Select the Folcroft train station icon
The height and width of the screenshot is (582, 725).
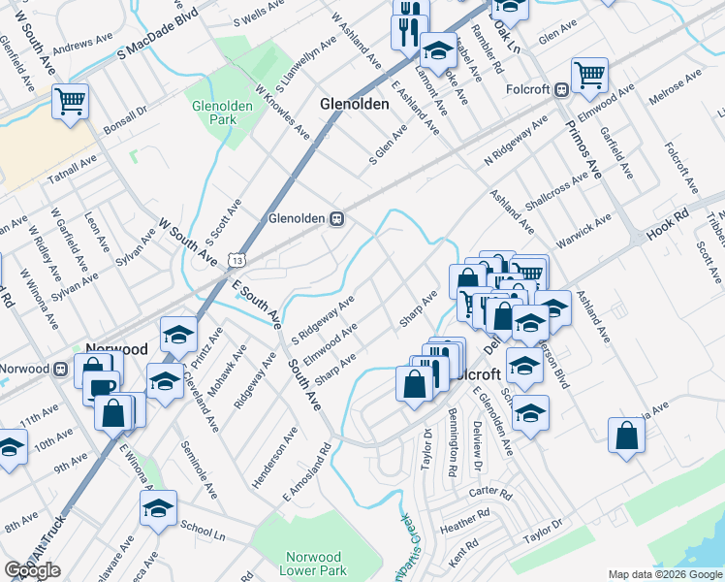[561, 90]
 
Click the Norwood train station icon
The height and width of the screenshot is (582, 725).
[60, 369]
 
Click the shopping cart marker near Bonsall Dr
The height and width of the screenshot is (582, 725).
[71, 99]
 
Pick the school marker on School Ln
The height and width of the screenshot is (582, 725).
[158, 506]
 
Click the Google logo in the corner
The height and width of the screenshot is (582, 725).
[32, 570]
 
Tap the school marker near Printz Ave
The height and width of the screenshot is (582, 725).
[178, 335]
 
